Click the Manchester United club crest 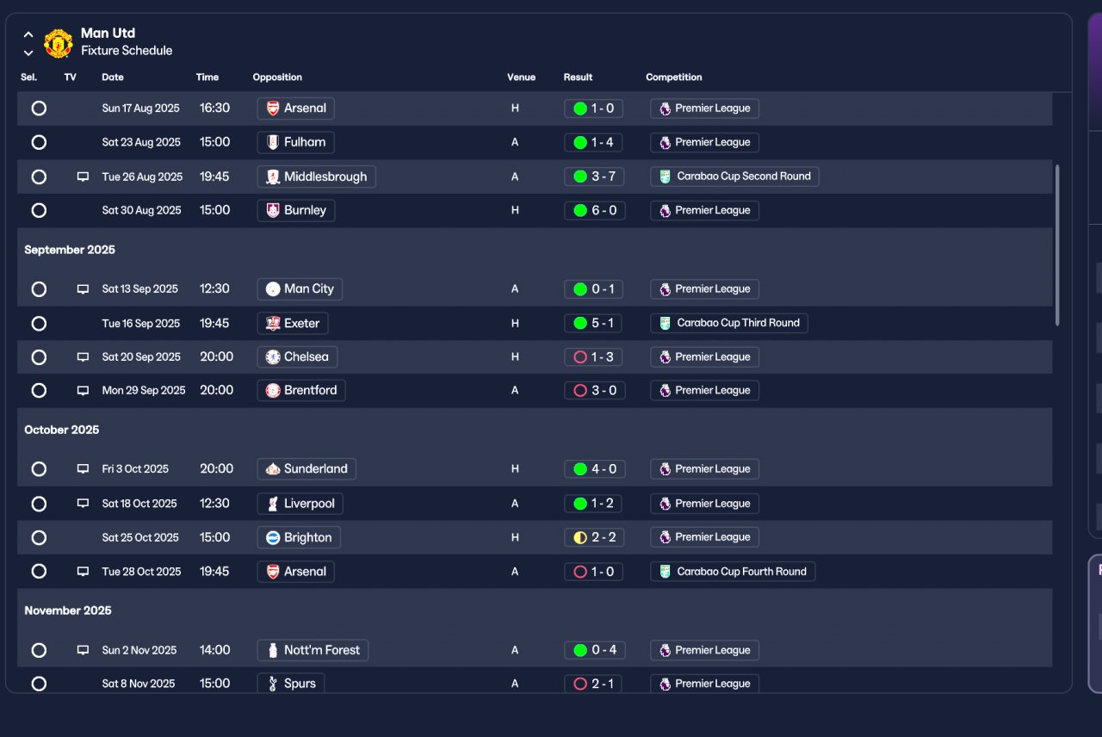(x=58, y=43)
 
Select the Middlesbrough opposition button (x=316, y=177)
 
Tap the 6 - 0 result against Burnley (x=594, y=211)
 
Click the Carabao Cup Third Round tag (x=728, y=323)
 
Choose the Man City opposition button (x=300, y=288)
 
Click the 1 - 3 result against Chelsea (x=593, y=357)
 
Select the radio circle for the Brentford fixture (x=39, y=391)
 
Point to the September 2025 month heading (x=70, y=250)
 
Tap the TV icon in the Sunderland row (x=83, y=469)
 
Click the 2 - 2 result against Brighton (x=594, y=537)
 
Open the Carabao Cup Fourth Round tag (x=733, y=572)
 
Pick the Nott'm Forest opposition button (x=313, y=650)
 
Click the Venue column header (x=521, y=77)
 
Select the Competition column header (x=673, y=77)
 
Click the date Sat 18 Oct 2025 (x=139, y=504)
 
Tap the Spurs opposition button (x=291, y=684)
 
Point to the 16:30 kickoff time (x=214, y=108)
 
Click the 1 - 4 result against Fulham (x=593, y=143)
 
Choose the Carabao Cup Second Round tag (x=734, y=177)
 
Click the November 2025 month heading (x=68, y=610)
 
